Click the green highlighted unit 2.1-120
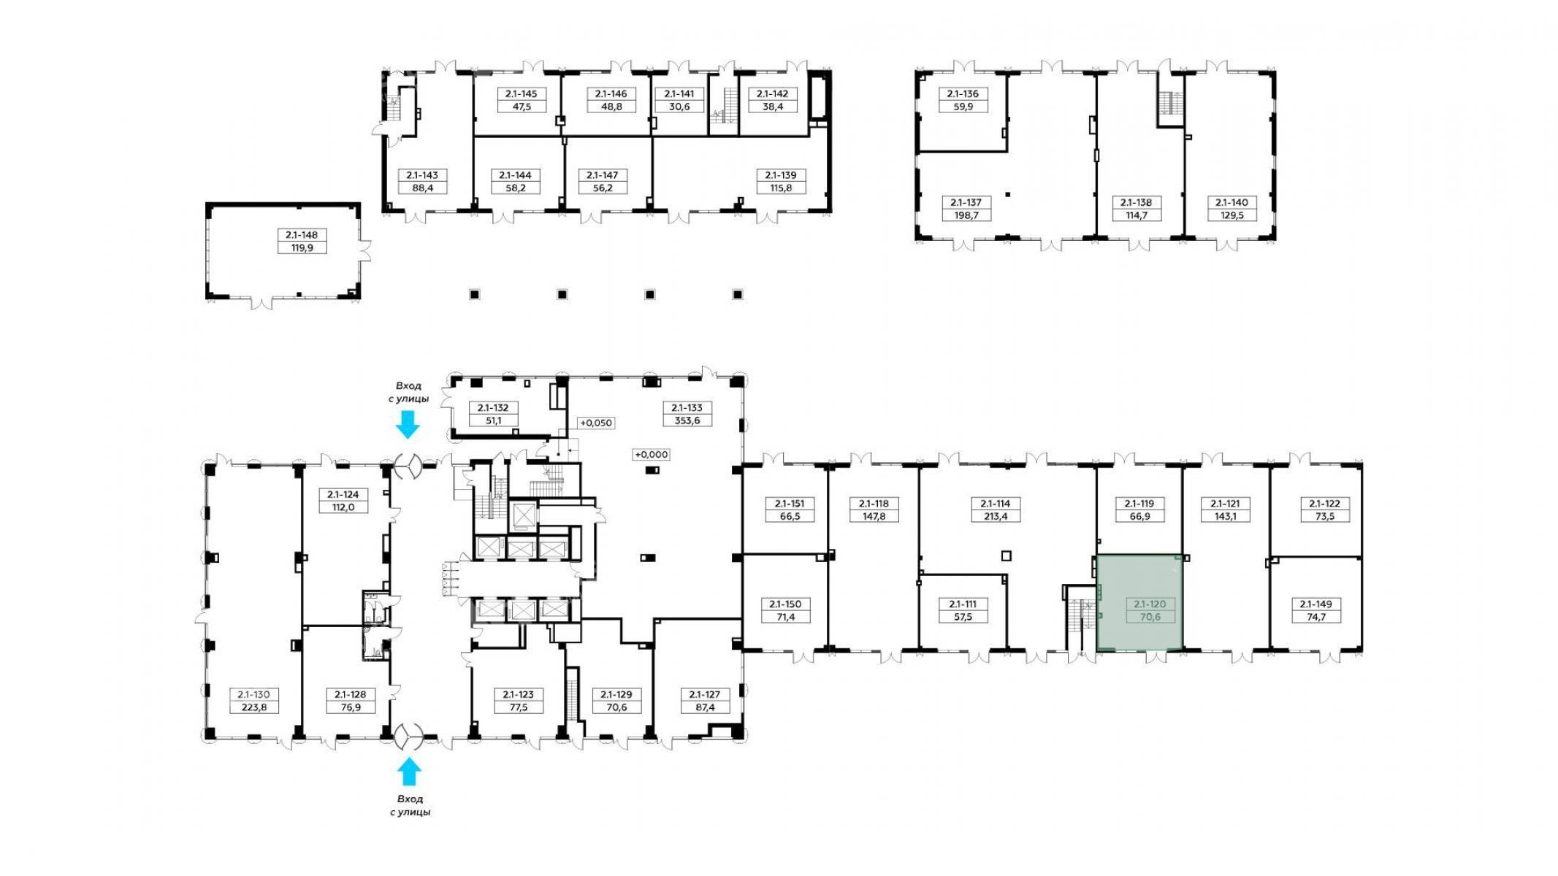coord(1139,602)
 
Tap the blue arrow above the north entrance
coord(408,424)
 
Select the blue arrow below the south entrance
coord(409,772)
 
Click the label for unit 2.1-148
coord(302,235)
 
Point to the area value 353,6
coord(687,420)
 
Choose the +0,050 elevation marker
coord(596,423)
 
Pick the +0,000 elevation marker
coord(652,454)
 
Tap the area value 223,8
coord(254,707)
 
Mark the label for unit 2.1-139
coord(781,175)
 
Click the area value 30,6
coord(679,107)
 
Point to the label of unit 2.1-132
coord(493,408)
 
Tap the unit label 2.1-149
coord(1316,604)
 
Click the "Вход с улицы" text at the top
coord(408,392)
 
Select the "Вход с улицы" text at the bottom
coord(410,805)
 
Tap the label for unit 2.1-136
coord(963,93)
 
